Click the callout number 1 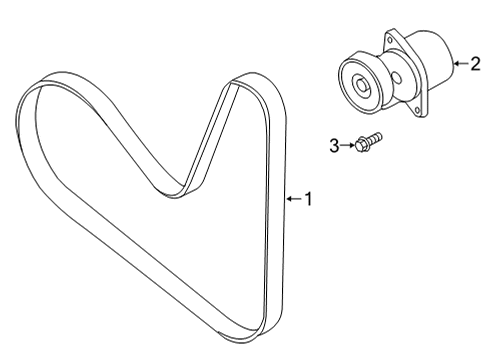309,199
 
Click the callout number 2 476,63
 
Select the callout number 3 334,146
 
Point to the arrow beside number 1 294,199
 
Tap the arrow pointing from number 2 461,63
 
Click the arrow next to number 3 348,145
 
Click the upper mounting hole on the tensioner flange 389,40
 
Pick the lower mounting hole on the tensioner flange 417,109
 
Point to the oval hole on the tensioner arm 397,77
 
